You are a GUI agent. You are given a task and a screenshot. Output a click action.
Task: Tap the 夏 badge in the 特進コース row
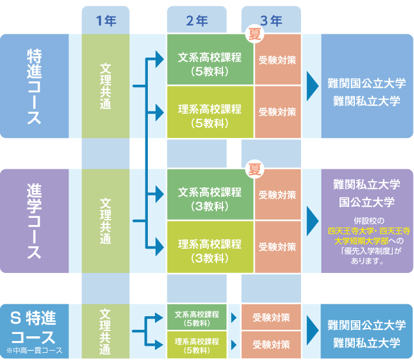(254, 34)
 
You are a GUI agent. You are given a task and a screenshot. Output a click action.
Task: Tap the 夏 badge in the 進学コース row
(254, 169)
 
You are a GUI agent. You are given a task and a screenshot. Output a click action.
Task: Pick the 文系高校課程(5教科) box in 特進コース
(210, 60)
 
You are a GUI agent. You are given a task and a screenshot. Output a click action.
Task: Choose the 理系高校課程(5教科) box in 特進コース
(210, 111)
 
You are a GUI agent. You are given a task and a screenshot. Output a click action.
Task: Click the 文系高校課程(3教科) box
(210, 195)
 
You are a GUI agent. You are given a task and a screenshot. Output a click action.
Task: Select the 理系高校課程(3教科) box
(210, 247)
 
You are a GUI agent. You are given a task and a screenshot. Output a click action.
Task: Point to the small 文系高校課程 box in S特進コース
(197, 318)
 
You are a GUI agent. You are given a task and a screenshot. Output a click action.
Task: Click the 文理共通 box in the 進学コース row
(105, 221)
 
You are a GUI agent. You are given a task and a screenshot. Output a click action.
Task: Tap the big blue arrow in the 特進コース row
(312, 86)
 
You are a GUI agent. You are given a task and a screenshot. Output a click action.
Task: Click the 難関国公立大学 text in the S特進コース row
(367, 325)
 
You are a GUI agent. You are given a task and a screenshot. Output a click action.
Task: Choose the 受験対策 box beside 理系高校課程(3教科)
(277, 247)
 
